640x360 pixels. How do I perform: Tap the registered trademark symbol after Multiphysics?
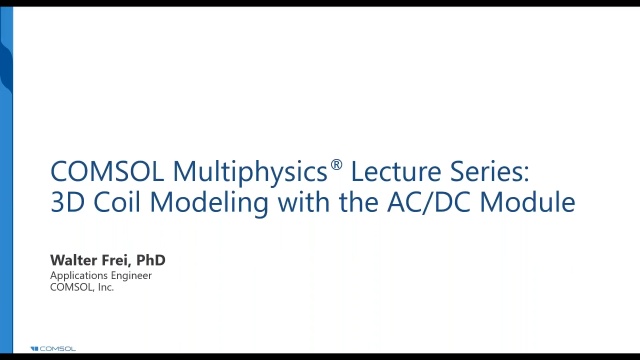pyautogui.click(x=336, y=162)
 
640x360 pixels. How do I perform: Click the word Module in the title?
pyautogui.click(x=528, y=202)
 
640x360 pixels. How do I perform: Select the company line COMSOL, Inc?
pyautogui.click(x=82, y=287)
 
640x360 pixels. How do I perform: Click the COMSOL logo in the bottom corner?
pyautogui.click(x=52, y=348)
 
